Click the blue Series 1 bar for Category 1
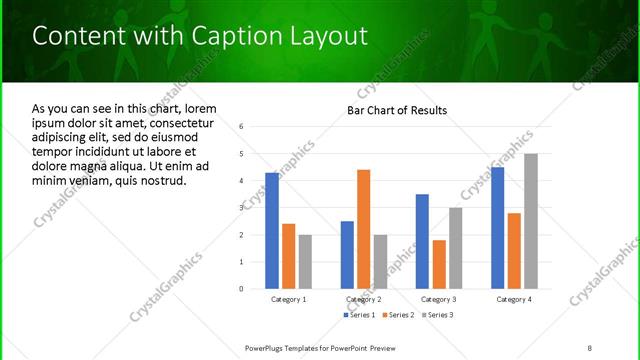coord(272,231)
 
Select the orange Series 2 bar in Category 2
coord(363,229)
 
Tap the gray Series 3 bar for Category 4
coord(530,221)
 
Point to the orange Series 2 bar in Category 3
coord(439,264)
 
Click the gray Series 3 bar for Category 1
coord(305,262)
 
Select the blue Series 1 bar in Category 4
coord(497,228)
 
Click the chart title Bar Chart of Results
coord(397,110)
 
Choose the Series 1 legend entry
coord(361,315)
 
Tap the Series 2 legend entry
coord(399,315)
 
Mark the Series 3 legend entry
coord(436,315)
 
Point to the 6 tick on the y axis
coord(241,127)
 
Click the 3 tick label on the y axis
coord(241,208)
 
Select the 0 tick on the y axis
coord(241,289)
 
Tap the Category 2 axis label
coord(363,299)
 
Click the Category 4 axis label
coord(513,299)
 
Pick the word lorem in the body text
coord(197,108)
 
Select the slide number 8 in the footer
coord(590,347)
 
